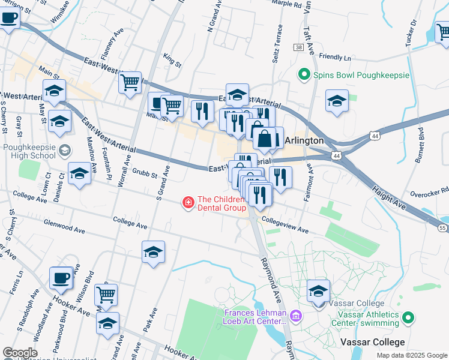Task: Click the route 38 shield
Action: click(x=298, y=47)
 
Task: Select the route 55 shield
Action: click(x=442, y=228)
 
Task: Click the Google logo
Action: click(x=20, y=353)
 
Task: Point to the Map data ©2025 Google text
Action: click(x=411, y=355)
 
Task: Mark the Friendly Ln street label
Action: click(x=335, y=58)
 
